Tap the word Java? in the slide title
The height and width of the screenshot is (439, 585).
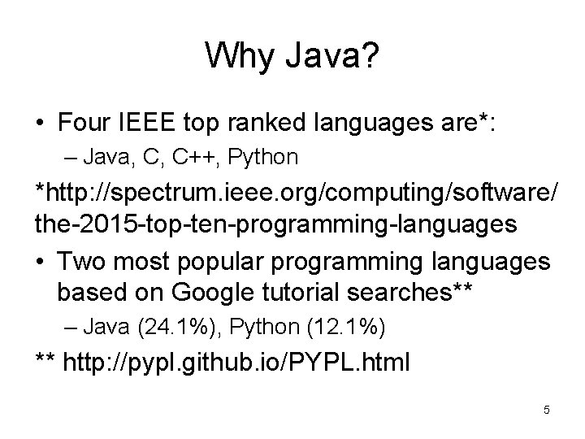[x=330, y=56]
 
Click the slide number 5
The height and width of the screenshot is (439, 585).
[x=547, y=410]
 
